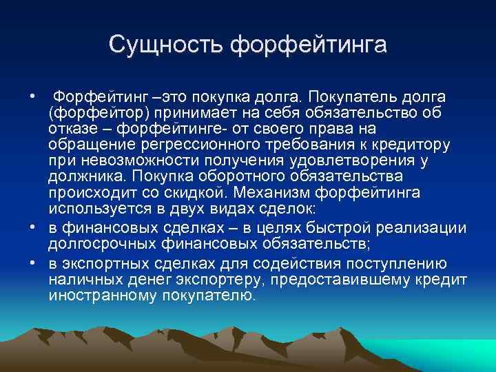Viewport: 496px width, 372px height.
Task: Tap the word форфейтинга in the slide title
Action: click(x=309, y=45)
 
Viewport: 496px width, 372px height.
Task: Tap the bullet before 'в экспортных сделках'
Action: click(x=32, y=262)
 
